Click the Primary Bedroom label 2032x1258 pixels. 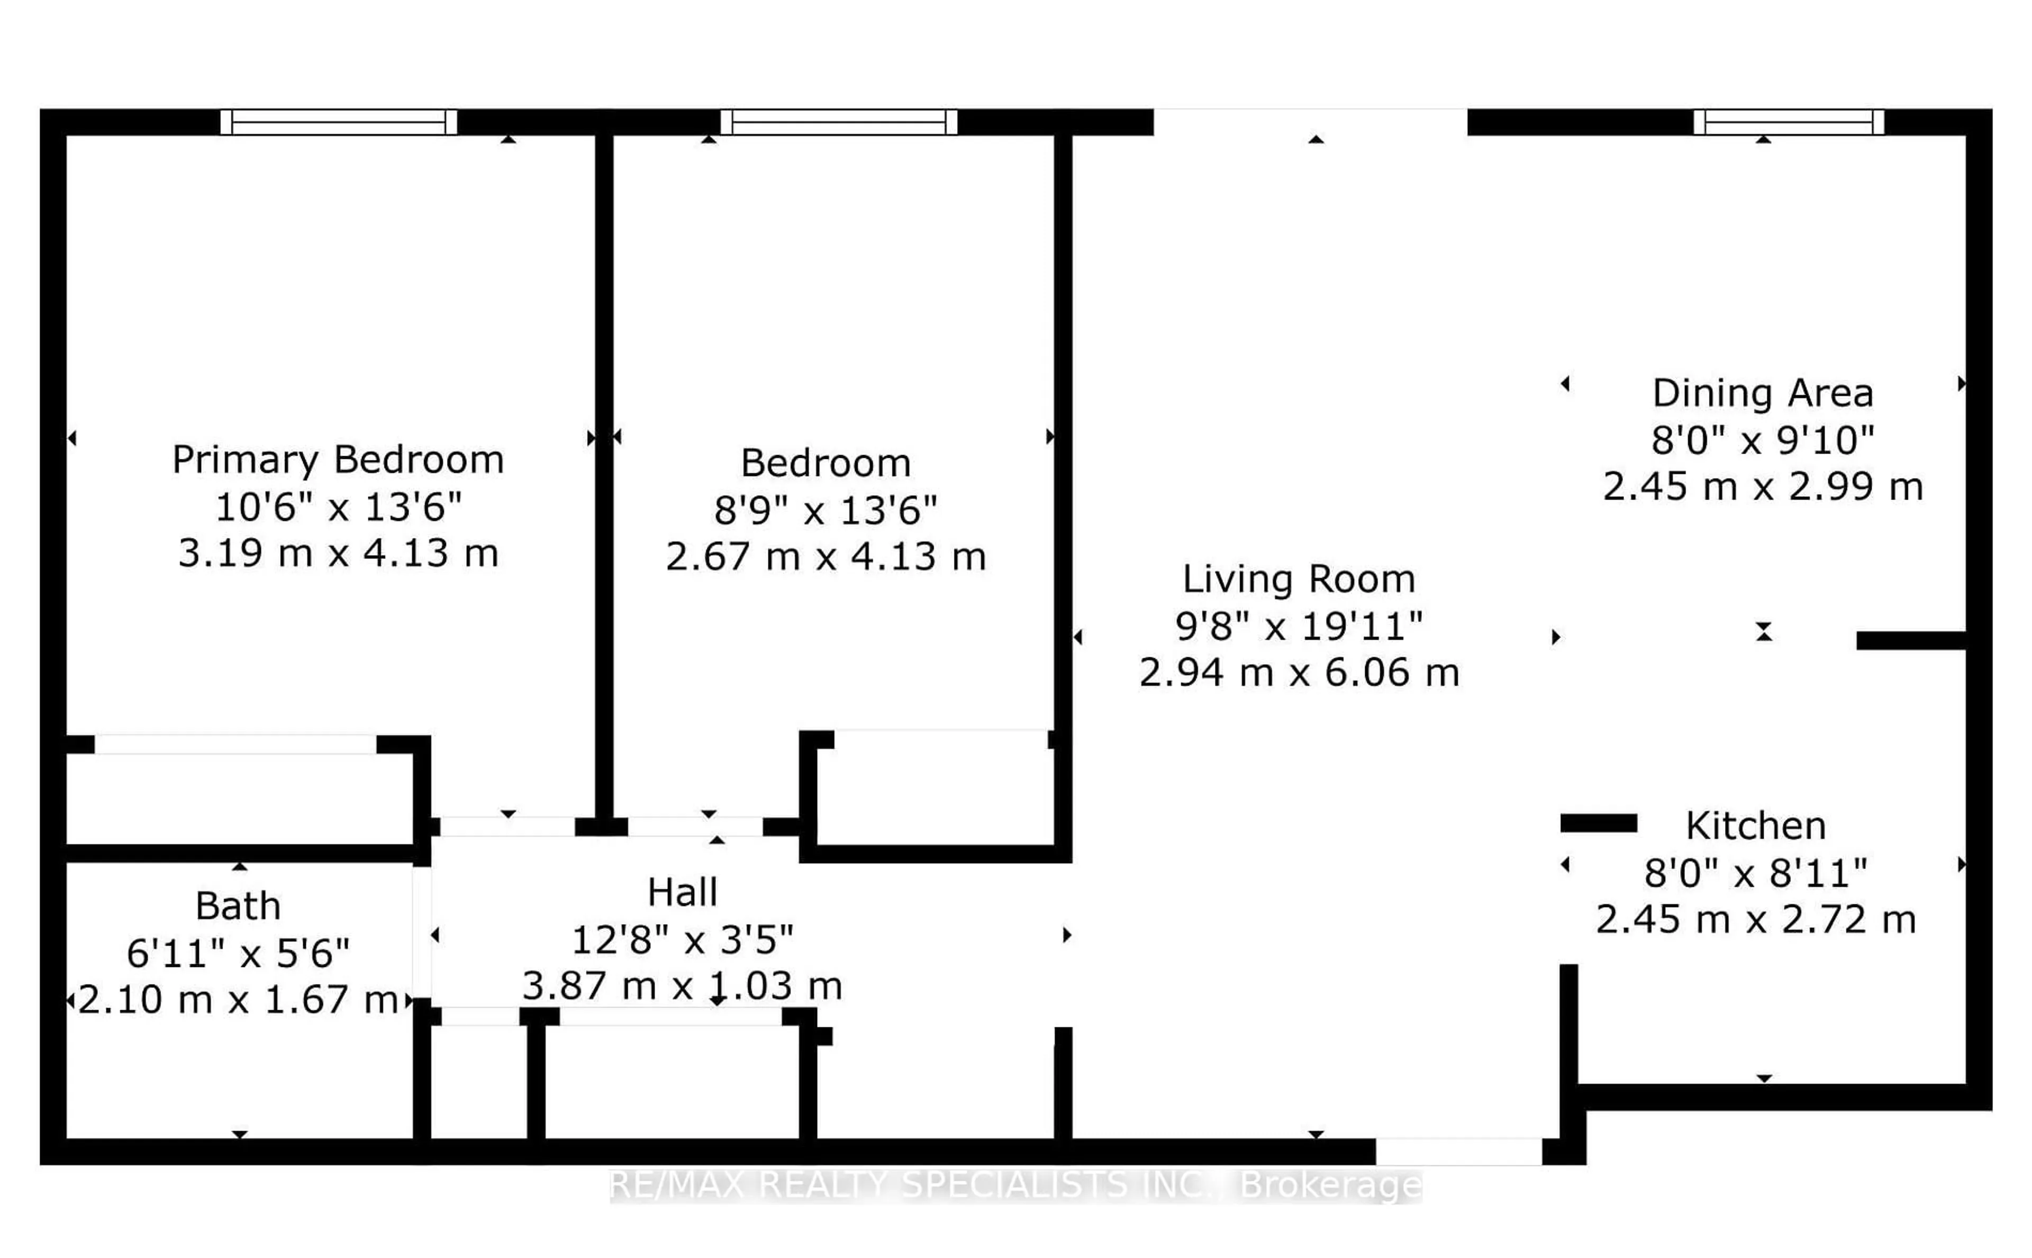pos(338,459)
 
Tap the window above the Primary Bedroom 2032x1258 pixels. pos(339,122)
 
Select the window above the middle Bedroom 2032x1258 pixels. pos(838,122)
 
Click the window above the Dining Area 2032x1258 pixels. pos(1788,122)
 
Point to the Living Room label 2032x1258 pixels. pos(1299,579)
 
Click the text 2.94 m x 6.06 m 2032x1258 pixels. pos(1299,672)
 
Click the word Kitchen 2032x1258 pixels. pos(1755,826)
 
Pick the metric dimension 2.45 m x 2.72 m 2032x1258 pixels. pos(1755,919)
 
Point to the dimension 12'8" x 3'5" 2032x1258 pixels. pos(682,940)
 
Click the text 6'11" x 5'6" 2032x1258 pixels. pos(238,953)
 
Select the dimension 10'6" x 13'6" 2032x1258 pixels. pos(338,506)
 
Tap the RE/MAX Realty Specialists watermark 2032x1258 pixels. pos(1015,1185)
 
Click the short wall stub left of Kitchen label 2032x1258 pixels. pos(1598,823)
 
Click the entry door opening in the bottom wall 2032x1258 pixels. pos(1458,1152)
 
